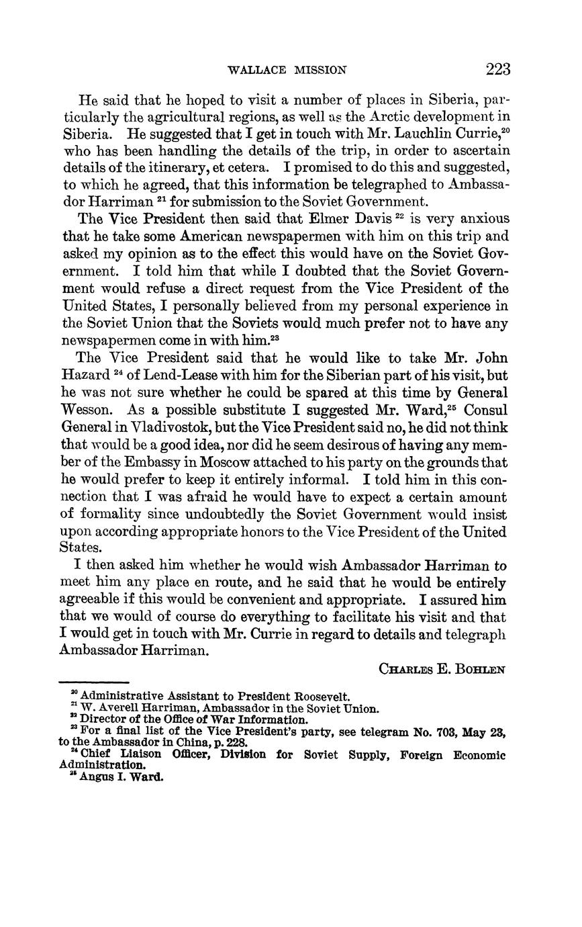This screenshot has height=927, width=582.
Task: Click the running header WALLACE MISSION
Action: [287, 70]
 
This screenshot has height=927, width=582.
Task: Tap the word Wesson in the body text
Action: [85, 410]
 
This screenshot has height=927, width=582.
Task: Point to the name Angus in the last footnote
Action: [96, 777]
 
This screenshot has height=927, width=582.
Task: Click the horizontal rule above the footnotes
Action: [94, 682]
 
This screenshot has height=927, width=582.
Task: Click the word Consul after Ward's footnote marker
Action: [487, 410]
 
